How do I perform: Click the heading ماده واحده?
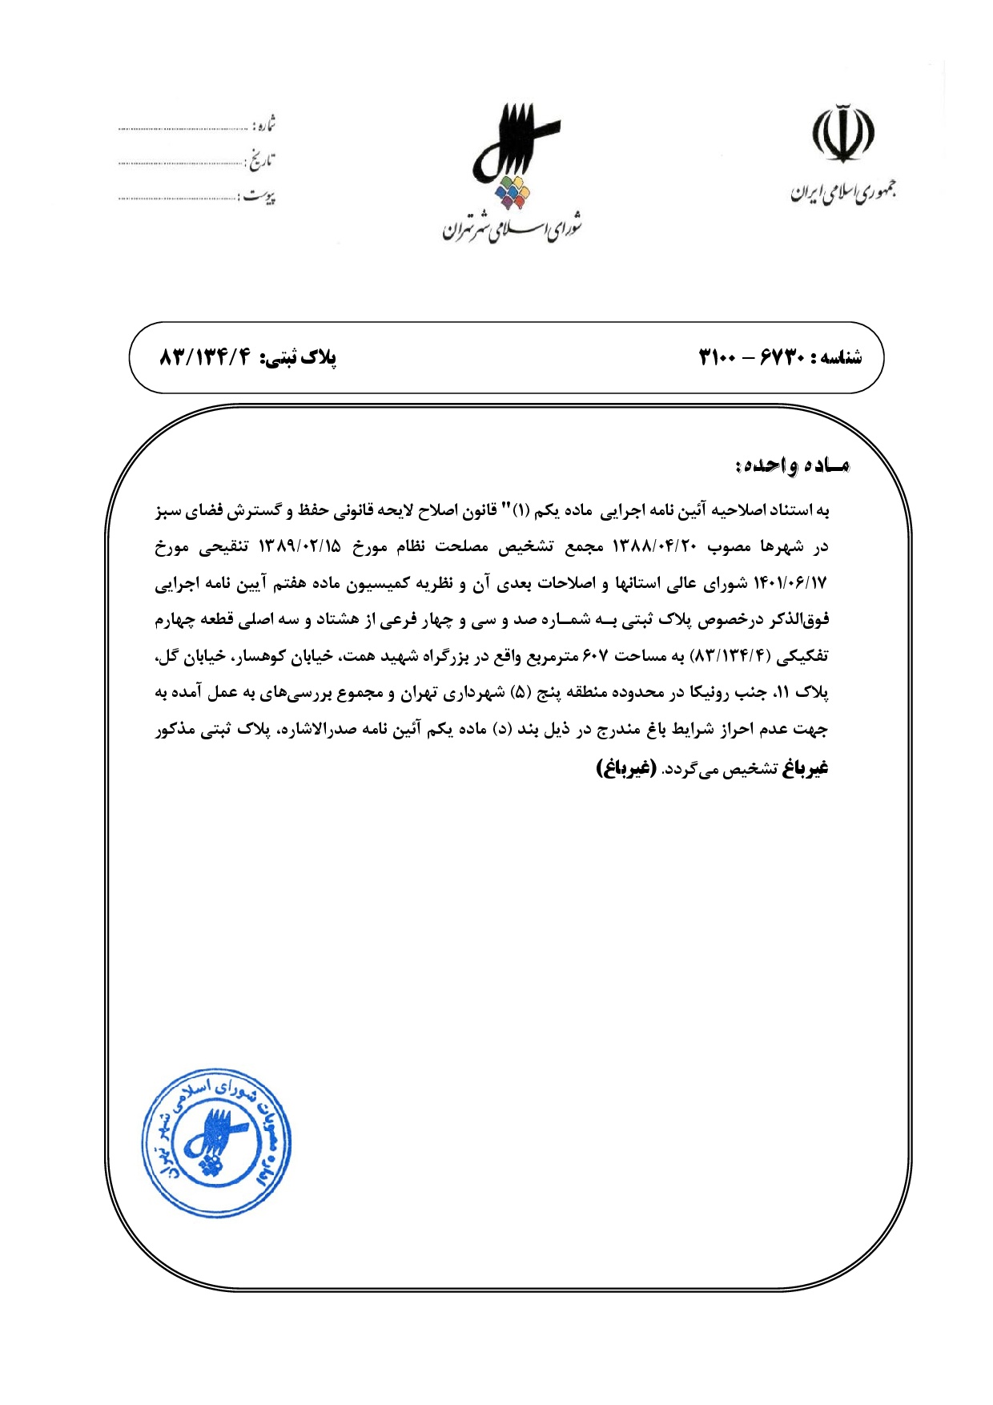click(x=791, y=465)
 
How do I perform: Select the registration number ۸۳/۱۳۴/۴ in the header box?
click(x=206, y=357)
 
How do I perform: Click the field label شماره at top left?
click(x=263, y=126)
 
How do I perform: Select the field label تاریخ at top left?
click(x=260, y=161)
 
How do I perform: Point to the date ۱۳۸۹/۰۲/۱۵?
click(x=299, y=547)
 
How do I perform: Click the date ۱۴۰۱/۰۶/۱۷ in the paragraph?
click(x=790, y=583)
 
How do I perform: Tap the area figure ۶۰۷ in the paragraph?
click(x=595, y=656)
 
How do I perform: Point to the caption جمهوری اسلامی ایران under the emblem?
click(x=843, y=192)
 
